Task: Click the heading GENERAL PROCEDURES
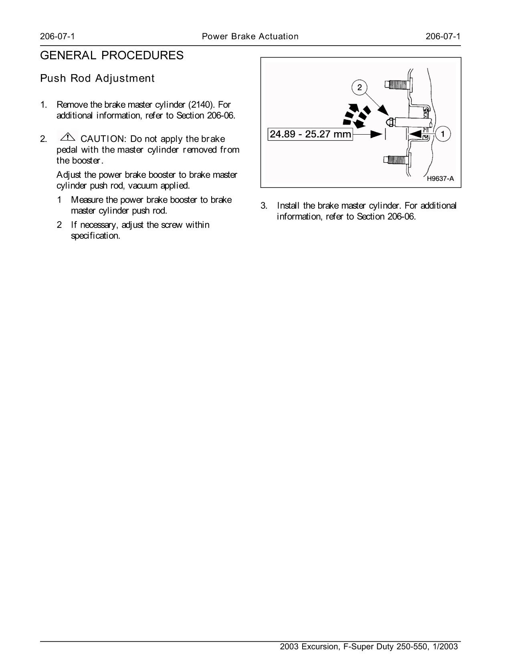click(112, 56)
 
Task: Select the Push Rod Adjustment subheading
click(97, 79)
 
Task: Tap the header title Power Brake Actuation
click(250, 36)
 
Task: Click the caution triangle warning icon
click(68, 137)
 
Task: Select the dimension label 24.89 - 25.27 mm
click(310, 134)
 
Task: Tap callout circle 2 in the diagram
click(359, 87)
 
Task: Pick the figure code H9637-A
click(440, 179)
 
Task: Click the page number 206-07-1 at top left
click(57, 36)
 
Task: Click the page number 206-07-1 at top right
click(443, 36)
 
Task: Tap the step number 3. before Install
click(264, 206)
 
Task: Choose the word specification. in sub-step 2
click(95, 236)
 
